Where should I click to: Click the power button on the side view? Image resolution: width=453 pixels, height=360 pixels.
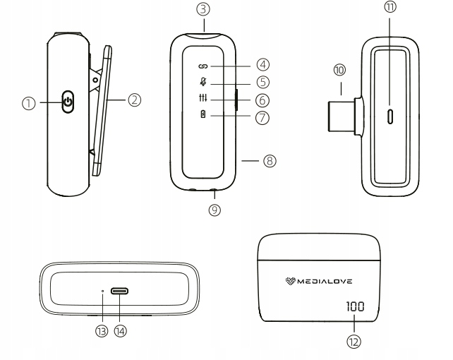click(x=68, y=102)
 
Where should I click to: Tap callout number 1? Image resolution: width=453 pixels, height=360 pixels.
click(x=29, y=102)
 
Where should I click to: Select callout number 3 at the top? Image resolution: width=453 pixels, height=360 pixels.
click(x=203, y=11)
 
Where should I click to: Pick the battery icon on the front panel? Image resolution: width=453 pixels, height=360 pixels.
click(x=203, y=118)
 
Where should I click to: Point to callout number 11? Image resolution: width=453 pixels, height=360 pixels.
click(x=389, y=8)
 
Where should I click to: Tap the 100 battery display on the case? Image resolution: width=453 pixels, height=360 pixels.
click(x=354, y=308)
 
